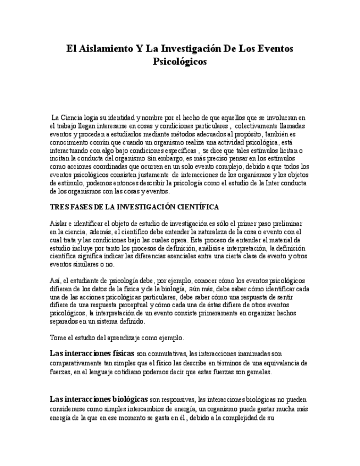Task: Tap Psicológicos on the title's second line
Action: [x=180, y=62]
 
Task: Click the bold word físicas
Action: [x=123, y=353]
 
